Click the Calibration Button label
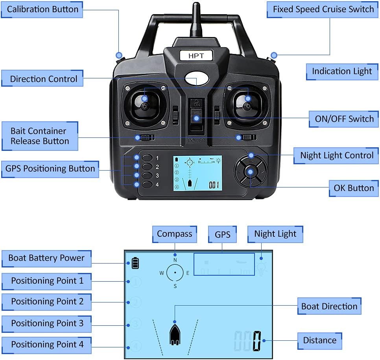42,9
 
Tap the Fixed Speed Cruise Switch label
323,9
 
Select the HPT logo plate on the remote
196,56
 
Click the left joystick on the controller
145,106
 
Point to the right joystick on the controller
247,105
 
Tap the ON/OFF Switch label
344,119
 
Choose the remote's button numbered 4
148,184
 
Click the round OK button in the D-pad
250,171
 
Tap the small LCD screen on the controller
197,173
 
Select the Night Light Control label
337,155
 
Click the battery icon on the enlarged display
135,263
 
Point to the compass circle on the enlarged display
175,273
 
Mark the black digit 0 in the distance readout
257,340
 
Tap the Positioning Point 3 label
47,323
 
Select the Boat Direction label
329,306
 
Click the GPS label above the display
222,234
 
